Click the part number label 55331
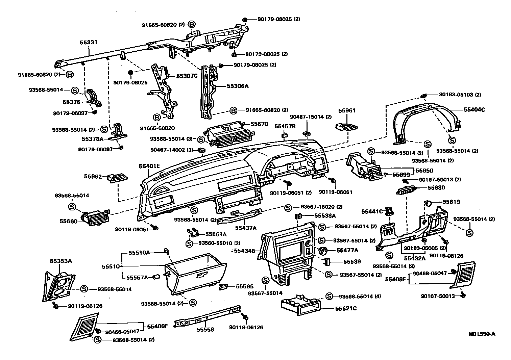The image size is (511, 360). click(x=89, y=42)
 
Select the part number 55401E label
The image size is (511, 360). click(x=149, y=166)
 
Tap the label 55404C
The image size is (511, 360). click(x=474, y=110)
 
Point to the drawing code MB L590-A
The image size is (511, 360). click(x=482, y=334)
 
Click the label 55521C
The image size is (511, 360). click(x=346, y=308)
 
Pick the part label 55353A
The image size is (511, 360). click(x=61, y=261)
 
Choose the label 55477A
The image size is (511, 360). click(x=347, y=250)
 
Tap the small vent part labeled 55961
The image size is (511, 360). click(x=346, y=127)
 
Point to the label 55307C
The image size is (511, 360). click(x=187, y=76)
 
